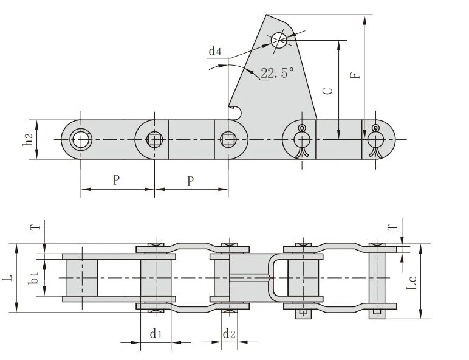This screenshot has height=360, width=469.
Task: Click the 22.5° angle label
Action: pos(277,73)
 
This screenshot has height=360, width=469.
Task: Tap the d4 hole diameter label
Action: pos(215,50)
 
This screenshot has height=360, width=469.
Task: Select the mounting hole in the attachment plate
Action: pos(279,40)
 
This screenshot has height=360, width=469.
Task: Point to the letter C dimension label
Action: pos(328,91)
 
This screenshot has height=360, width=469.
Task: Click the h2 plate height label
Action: pos(28,140)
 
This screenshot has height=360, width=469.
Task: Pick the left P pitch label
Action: pos(117,180)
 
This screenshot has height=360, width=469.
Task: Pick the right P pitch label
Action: pos(190,181)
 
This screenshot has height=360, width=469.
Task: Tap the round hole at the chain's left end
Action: pos(81,140)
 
